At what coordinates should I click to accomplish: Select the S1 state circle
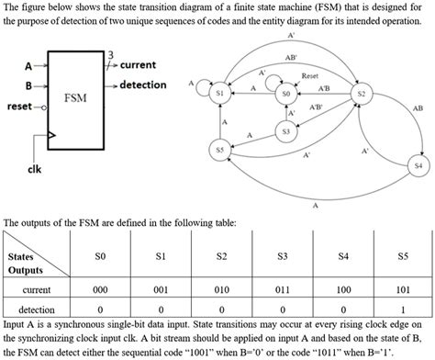[219, 94]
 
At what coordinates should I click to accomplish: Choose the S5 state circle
[218, 149]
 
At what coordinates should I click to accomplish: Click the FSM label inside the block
[75, 96]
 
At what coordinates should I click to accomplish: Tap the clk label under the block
[34, 169]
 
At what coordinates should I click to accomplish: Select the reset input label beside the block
[19, 107]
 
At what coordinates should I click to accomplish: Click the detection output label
[143, 84]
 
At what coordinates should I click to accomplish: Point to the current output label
[138, 65]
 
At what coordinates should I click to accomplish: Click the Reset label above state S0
[309, 74]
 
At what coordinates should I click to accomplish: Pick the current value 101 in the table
[403, 289]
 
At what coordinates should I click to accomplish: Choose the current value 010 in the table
[221, 289]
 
